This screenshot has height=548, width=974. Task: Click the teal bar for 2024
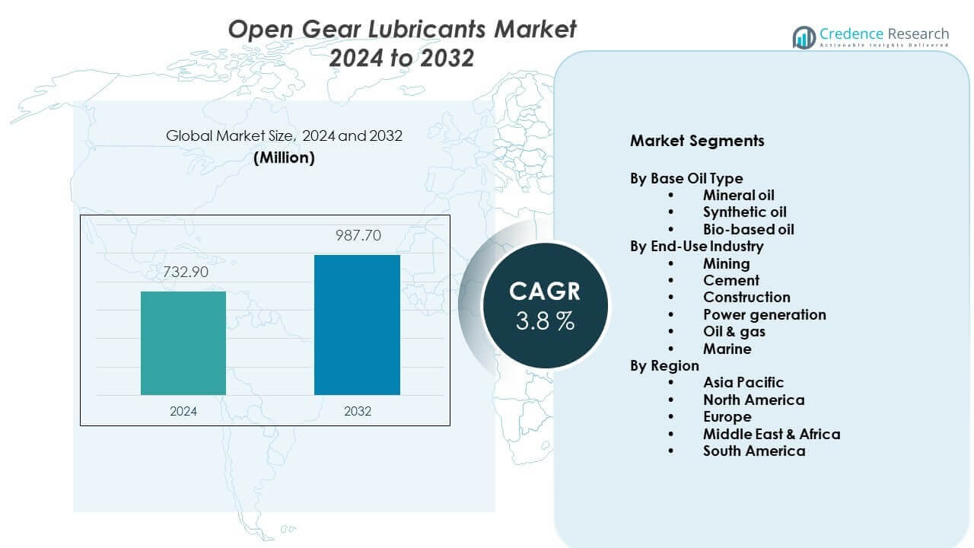point(183,343)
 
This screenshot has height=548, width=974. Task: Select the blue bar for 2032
point(357,325)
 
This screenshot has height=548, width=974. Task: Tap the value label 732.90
point(183,272)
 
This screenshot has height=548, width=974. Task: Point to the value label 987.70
point(358,235)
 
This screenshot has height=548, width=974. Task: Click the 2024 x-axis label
point(183,411)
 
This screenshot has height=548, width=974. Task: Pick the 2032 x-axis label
point(358,411)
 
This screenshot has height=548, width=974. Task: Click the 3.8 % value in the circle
point(545,321)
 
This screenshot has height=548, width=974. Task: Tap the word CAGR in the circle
point(545,291)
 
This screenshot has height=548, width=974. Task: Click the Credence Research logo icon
point(804,37)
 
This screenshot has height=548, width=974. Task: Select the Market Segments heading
point(697,141)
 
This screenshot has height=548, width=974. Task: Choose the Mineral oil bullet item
point(738,196)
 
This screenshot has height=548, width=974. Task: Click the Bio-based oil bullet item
point(748,229)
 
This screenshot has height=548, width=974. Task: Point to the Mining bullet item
point(726,263)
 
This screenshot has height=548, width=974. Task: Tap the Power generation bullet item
point(764,314)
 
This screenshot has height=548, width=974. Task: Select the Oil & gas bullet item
point(734,331)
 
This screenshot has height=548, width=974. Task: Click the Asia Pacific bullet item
point(743,382)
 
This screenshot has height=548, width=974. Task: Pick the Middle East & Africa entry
point(772,434)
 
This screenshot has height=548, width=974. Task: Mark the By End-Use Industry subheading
point(696,246)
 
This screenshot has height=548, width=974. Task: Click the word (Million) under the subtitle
point(284,158)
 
